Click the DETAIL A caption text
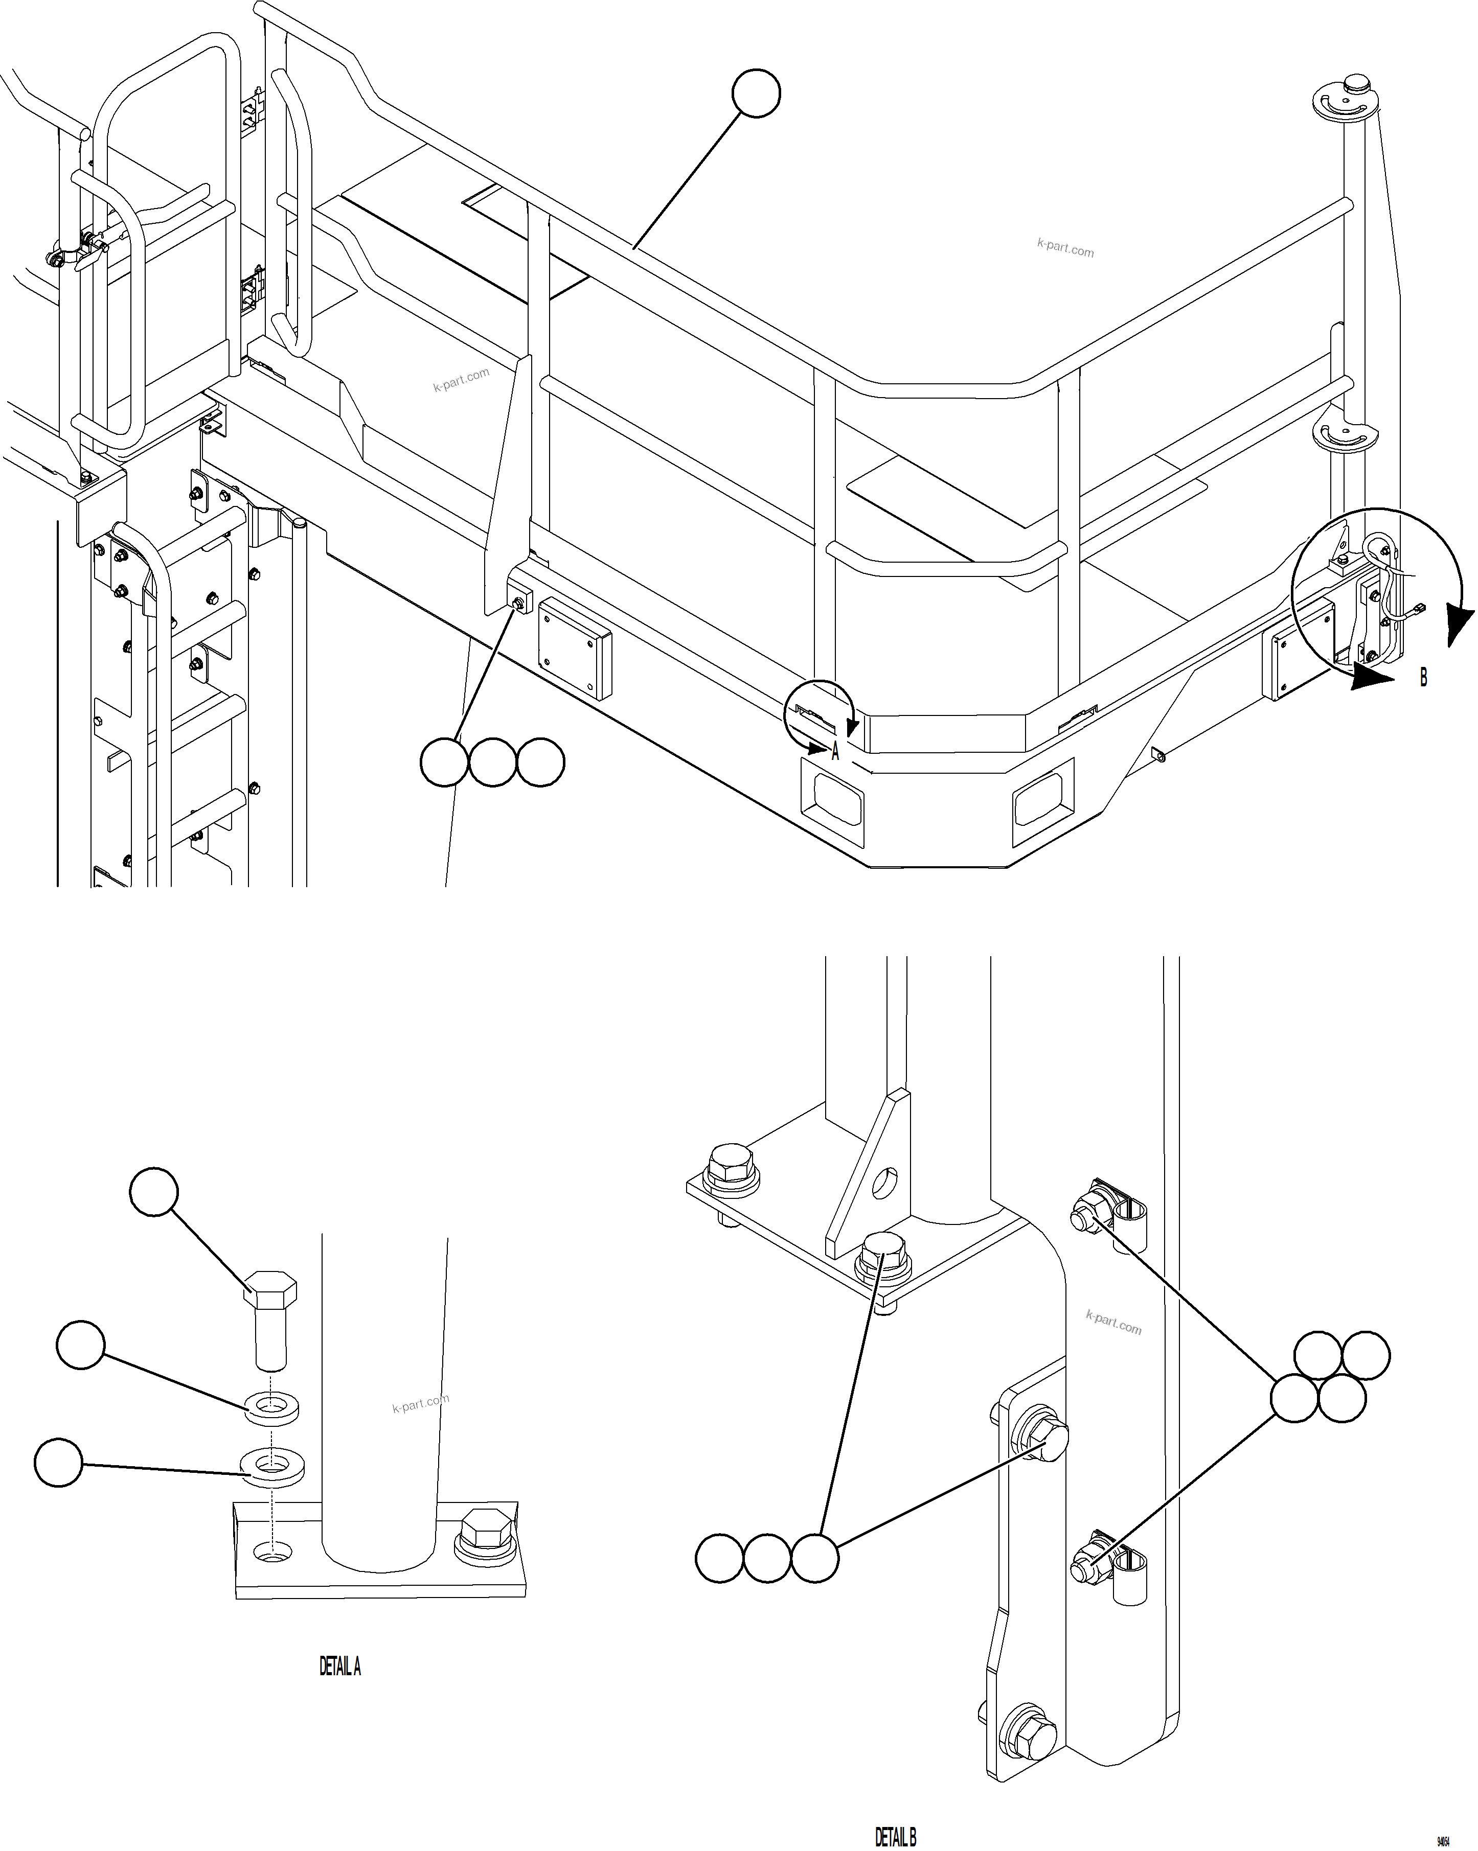point(340,1667)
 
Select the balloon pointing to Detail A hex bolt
point(154,1192)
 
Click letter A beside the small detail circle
point(835,753)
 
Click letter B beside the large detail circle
point(1423,677)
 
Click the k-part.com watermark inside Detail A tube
point(420,1404)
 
